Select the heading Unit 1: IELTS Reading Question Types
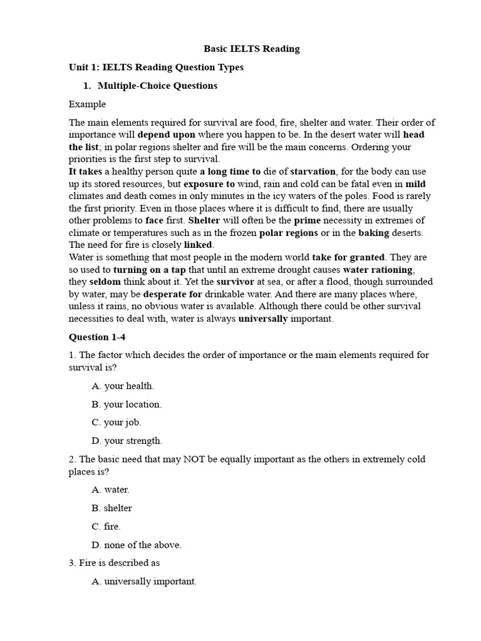pos(156,67)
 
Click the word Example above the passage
pos(87,104)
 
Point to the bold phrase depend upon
pos(167,135)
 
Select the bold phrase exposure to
pos(209,184)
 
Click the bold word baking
pos(374,232)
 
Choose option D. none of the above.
pos(137,545)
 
